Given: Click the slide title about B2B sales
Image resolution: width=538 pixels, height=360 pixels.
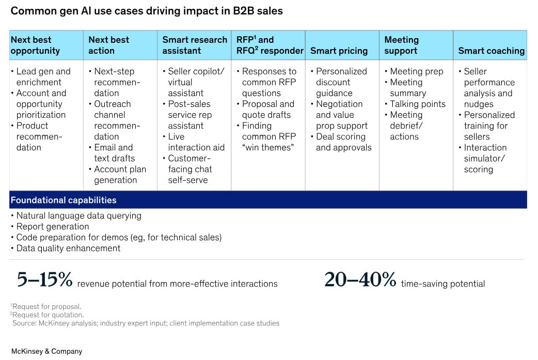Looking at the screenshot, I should click(147, 11).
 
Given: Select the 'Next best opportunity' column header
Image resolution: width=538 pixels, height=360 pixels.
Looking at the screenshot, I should click(35, 45).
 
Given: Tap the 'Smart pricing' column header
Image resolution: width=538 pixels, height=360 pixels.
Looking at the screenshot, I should click(339, 51).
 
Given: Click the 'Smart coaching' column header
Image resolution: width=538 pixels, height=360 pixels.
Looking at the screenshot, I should click(491, 51).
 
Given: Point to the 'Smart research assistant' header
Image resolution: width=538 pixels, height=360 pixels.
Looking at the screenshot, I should click(195, 45).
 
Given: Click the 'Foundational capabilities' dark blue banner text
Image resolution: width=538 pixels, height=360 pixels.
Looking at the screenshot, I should click(64, 200).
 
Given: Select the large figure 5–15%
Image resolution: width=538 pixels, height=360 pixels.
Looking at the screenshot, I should click(44, 280).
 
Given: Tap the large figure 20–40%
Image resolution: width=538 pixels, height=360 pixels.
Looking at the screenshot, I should click(360, 280).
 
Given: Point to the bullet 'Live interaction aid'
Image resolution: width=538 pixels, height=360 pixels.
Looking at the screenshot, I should click(196, 142).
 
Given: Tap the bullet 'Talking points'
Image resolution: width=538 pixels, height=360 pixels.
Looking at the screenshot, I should click(417, 104).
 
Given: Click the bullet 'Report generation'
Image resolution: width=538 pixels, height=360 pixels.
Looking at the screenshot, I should click(52, 226).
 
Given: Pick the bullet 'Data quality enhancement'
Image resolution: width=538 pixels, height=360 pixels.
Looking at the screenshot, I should click(68, 248).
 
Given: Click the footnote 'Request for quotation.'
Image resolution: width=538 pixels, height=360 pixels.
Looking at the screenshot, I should click(48, 315).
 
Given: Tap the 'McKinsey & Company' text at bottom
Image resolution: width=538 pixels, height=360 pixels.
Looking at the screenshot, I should click(46, 351).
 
